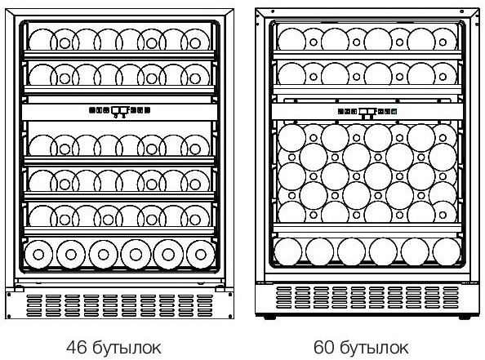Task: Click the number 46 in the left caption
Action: [77, 347]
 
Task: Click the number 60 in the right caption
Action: [324, 347]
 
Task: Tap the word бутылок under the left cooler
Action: [127, 348]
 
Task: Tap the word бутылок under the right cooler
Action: [374, 348]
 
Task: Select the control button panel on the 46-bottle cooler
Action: [119, 110]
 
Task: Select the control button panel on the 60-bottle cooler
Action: [367, 112]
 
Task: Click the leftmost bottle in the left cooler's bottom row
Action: [38, 255]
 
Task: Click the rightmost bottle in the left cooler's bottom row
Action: [201, 255]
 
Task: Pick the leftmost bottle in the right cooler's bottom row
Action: [288, 251]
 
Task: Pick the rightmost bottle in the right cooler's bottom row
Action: [447, 251]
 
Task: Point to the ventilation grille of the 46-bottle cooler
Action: [119, 305]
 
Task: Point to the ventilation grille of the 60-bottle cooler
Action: [367, 297]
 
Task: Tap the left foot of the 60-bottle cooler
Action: [270, 317]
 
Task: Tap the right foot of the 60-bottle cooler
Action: [465, 317]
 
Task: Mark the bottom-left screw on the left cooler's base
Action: [9, 316]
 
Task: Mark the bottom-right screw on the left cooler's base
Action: [230, 316]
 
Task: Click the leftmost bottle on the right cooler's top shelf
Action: [291, 39]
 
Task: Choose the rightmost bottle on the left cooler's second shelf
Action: [195, 75]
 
